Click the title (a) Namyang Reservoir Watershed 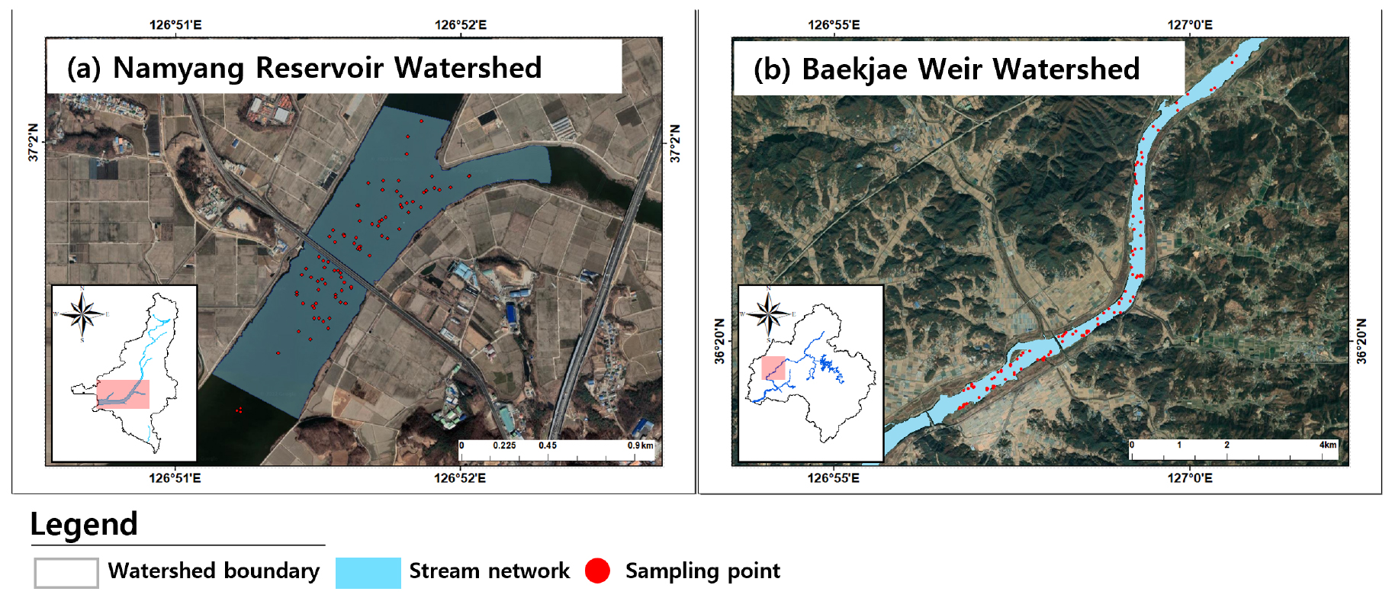(x=304, y=68)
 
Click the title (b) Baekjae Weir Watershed (x=947, y=69)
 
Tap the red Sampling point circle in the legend (x=597, y=571)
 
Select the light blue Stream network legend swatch (x=368, y=572)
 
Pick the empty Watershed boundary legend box (x=66, y=572)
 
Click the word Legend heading (x=84, y=524)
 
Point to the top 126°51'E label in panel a (x=175, y=24)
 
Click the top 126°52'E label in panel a (x=461, y=24)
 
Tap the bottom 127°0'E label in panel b (x=1190, y=478)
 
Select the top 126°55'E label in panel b (x=834, y=24)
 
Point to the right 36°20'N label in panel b (x=1362, y=341)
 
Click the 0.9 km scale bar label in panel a (x=641, y=445)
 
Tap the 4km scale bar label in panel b (x=1328, y=445)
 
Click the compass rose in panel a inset (x=83, y=313)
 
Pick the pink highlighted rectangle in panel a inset (x=123, y=394)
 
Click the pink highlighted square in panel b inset (x=773, y=368)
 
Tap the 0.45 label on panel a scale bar (x=548, y=445)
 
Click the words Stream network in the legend (x=489, y=571)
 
